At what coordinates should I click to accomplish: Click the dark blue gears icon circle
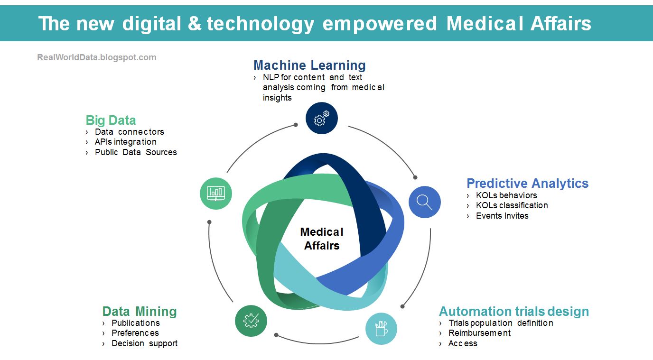[x=321, y=118]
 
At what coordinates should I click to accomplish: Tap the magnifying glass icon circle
[x=425, y=202]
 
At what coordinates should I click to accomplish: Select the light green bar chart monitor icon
[x=216, y=193]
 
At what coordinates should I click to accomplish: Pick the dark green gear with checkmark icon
[x=251, y=321]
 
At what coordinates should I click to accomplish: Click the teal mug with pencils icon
[x=381, y=328]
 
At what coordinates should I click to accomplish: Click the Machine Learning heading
[x=309, y=65]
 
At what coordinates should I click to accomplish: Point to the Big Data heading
[x=111, y=120]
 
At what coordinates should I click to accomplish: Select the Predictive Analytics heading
[x=527, y=183]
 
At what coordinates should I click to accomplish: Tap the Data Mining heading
[x=140, y=311]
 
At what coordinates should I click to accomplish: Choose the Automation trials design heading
[x=513, y=311]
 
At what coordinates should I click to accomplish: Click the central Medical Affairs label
[x=322, y=239]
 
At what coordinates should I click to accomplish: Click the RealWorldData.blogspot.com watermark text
[x=97, y=57]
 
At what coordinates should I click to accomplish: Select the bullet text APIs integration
[x=125, y=142]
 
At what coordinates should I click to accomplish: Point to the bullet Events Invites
[x=502, y=216]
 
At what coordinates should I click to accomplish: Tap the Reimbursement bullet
[x=479, y=333]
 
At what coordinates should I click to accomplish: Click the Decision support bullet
[x=144, y=343]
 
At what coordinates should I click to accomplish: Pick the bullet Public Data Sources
[x=136, y=152]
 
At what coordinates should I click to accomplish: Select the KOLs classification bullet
[x=512, y=205]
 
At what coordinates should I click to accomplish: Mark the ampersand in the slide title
[x=194, y=23]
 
